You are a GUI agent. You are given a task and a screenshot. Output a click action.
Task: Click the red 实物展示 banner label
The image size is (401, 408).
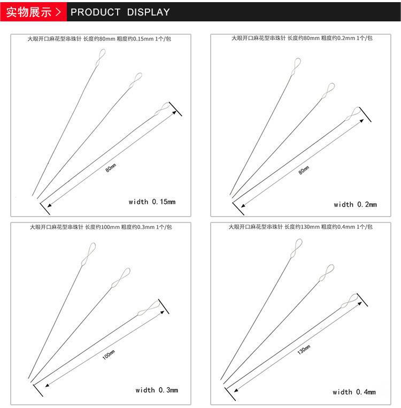[x=29, y=12]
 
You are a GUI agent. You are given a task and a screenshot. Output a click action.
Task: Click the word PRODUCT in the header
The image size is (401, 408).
[x=96, y=12]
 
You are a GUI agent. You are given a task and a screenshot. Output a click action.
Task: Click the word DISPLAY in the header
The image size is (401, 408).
[x=148, y=12]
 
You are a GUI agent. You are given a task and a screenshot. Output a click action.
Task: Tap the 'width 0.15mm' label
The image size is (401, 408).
[x=152, y=202]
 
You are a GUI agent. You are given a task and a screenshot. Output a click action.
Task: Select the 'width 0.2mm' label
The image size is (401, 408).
[x=355, y=204]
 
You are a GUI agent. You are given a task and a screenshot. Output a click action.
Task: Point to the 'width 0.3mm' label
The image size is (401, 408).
[x=157, y=390]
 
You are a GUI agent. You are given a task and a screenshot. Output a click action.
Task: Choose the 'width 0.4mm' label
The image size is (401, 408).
[x=354, y=392]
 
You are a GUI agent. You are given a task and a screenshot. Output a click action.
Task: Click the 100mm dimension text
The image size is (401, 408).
[x=109, y=355]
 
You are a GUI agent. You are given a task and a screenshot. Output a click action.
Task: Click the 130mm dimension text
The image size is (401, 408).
[x=304, y=350]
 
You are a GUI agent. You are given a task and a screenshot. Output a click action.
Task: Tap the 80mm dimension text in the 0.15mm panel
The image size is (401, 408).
[x=111, y=168]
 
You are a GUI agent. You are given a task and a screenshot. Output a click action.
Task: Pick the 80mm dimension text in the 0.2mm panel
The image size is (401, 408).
[x=304, y=170]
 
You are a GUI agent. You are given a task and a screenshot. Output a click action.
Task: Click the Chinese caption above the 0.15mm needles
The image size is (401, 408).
[x=99, y=39]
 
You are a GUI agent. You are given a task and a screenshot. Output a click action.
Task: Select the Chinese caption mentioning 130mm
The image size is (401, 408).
[x=300, y=227]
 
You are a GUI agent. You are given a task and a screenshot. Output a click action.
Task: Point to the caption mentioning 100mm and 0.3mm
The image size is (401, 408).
[x=101, y=227]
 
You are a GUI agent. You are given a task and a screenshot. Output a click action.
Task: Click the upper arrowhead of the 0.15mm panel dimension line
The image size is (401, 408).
[x=174, y=112]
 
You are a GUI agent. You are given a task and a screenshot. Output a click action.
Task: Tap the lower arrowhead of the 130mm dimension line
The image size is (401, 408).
[x=236, y=390]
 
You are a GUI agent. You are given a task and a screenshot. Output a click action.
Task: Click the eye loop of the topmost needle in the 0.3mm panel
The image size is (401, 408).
[x=89, y=254]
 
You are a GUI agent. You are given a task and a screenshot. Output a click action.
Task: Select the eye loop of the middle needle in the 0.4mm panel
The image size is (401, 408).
[x=327, y=273]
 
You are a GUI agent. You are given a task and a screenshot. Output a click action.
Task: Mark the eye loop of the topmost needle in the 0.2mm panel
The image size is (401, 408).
[x=296, y=67]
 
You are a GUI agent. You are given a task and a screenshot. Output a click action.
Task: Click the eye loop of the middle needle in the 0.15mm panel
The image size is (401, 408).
[x=136, y=81]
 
